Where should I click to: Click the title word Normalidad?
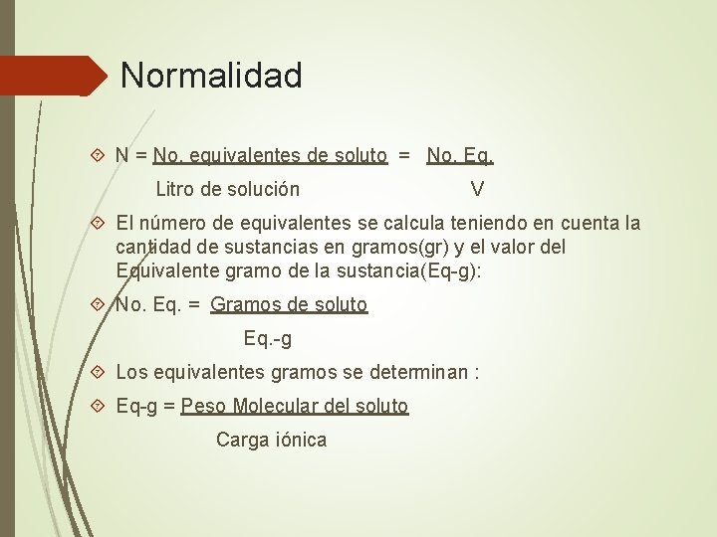click(210, 76)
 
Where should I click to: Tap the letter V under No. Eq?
click(477, 189)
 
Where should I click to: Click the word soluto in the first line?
click(360, 155)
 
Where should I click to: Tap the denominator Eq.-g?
click(268, 339)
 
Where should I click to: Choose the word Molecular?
click(276, 407)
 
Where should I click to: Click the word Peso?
click(204, 407)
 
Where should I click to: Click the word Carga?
click(240, 441)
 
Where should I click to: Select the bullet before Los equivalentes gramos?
click(98, 373)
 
